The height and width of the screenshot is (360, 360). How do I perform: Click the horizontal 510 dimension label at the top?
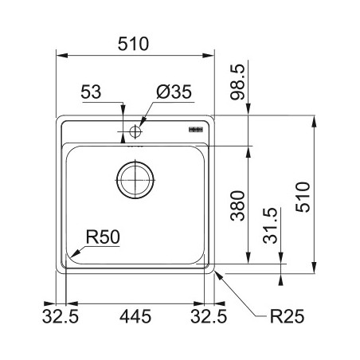133,44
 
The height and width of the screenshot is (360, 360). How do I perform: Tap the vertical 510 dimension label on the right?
303,197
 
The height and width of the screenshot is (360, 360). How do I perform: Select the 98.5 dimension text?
237,82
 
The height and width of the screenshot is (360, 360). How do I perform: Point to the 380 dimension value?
237,205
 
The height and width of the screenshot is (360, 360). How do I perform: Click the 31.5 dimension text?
270,226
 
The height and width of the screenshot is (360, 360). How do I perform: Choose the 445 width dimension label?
135,316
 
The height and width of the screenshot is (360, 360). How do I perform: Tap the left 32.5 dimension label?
61,316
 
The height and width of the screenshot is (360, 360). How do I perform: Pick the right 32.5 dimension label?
209,316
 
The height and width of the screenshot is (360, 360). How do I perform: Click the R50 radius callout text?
103,237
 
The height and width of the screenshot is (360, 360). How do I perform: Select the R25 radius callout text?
287,316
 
